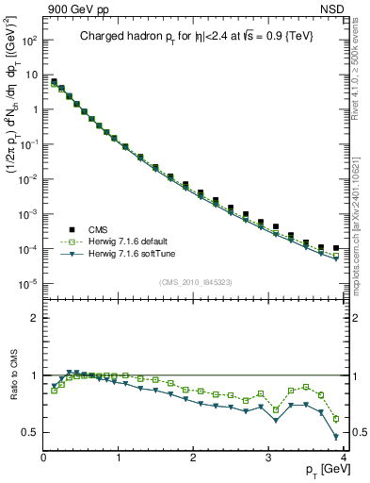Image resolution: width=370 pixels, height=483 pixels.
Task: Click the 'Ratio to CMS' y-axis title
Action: [13, 377]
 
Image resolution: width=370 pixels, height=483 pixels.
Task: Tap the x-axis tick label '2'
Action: [193, 458]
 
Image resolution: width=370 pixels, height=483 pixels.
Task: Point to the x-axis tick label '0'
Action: [43, 458]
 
